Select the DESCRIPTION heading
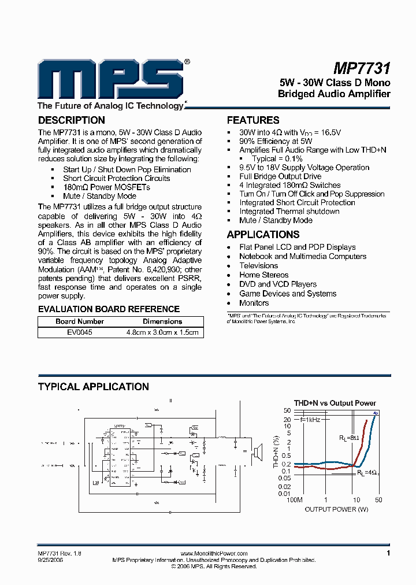point(71,120)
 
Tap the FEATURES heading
point(253,120)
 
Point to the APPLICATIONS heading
point(263,235)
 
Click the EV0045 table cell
point(80,332)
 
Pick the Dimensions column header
point(162,321)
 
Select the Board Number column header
point(80,321)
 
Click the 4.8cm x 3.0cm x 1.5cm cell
point(162,332)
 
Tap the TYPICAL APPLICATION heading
point(93,387)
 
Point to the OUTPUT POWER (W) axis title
point(336,509)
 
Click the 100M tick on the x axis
point(295,500)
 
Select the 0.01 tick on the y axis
point(284,493)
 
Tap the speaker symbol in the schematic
point(257,452)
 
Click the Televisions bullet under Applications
point(258,265)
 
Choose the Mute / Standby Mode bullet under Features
point(276,220)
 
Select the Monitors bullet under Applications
point(254,303)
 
